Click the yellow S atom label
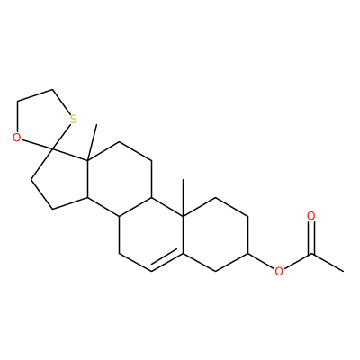click(73, 120)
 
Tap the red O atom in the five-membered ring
click(17, 138)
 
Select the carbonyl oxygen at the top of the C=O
click(311, 216)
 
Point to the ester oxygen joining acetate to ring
click(279, 272)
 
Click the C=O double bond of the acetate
click(311, 238)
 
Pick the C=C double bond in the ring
click(166, 262)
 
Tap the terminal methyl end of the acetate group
click(343, 271)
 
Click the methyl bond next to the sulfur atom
click(92, 144)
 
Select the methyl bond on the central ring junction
click(183, 197)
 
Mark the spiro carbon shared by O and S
click(52, 148)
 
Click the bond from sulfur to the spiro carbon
click(61, 137)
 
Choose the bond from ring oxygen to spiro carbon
click(37, 144)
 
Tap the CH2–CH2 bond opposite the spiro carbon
click(35, 94)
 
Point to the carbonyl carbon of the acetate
click(311, 254)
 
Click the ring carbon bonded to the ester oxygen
click(248, 254)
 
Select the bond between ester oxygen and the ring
click(261, 261)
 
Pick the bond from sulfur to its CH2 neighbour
click(61, 102)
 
